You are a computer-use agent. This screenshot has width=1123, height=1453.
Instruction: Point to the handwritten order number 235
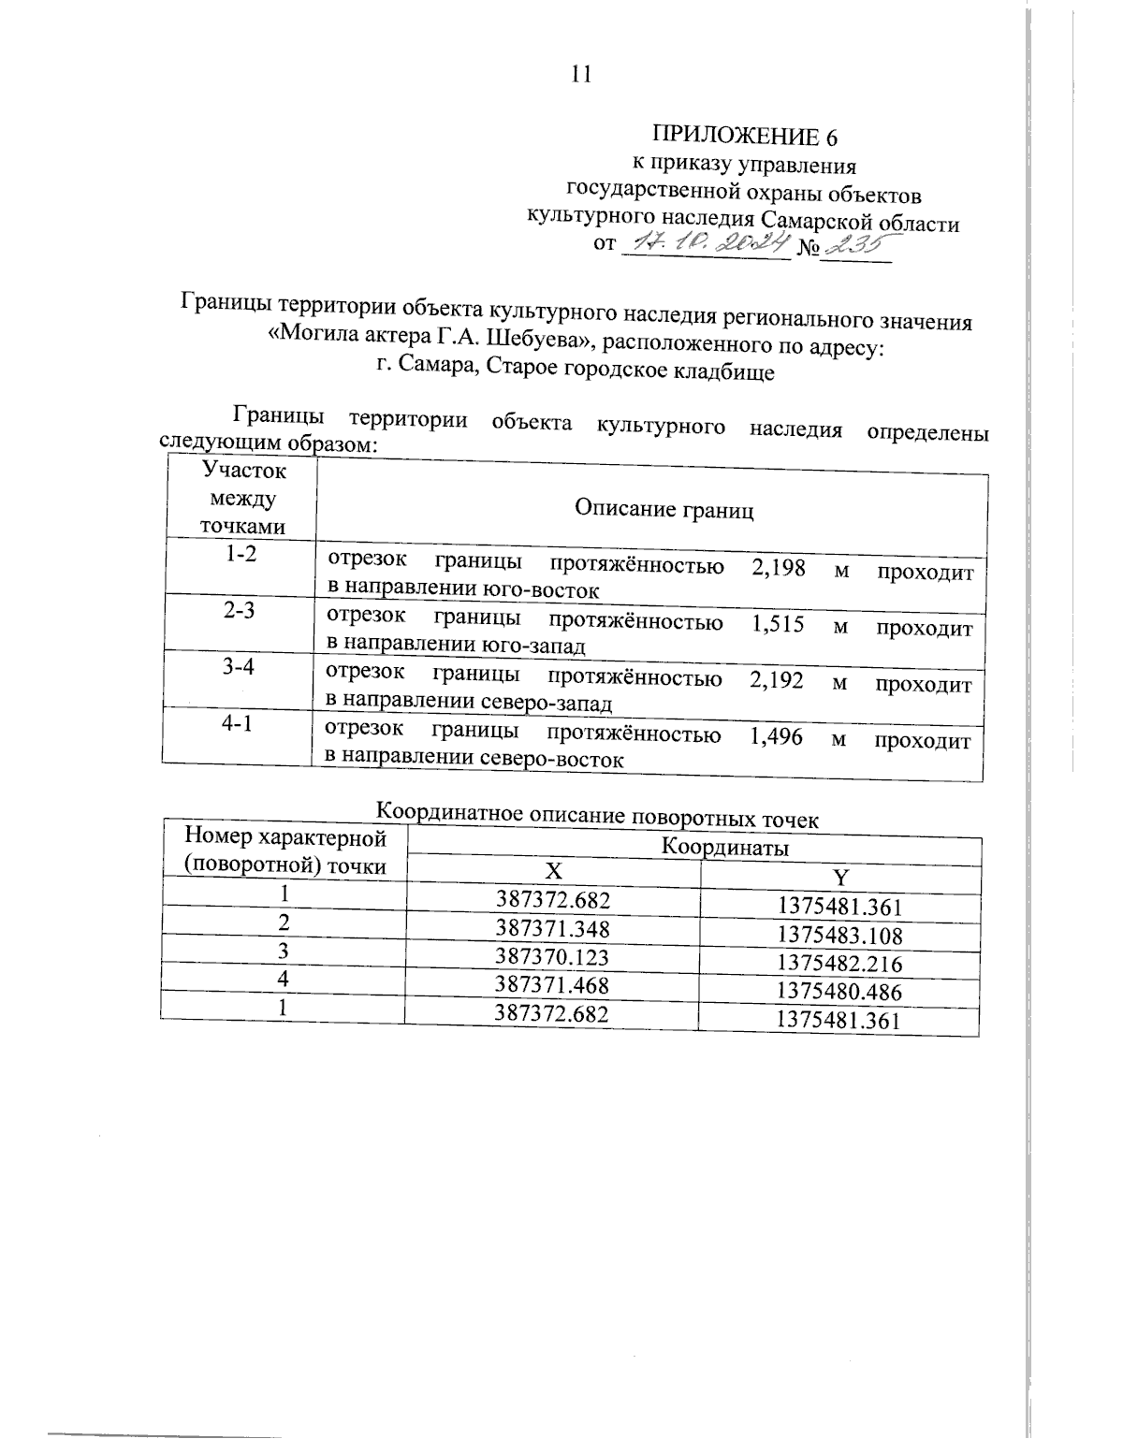point(853,245)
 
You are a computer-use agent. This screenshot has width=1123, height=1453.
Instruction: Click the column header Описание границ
point(664,510)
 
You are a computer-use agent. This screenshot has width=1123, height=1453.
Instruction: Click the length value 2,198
point(778,568)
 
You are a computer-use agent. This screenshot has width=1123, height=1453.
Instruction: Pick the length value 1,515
point(777,624)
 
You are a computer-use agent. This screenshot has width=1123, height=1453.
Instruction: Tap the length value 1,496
point(776,737)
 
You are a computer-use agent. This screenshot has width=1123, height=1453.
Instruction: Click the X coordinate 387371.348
point(552,928)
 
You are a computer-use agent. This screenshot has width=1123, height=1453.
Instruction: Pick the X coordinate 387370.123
point(552,956)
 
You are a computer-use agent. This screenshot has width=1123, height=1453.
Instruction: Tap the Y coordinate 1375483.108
point(839,934)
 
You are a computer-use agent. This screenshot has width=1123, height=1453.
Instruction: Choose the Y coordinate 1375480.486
point(839,991)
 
